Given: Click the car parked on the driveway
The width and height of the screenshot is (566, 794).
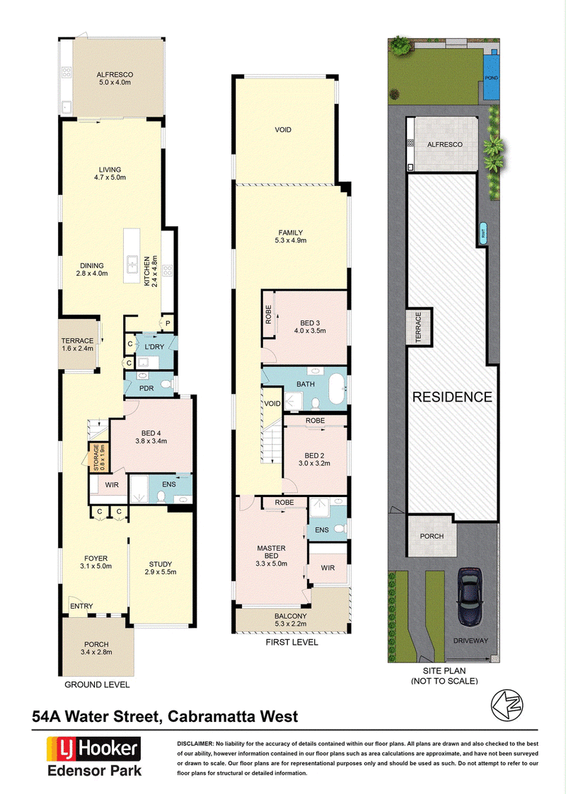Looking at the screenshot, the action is pos(470,597).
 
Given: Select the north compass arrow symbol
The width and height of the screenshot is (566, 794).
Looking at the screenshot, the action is pos(507,705).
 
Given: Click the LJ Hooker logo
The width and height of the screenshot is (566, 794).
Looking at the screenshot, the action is pos(93,749).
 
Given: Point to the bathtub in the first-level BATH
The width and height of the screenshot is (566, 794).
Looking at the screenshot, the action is pos(337,388).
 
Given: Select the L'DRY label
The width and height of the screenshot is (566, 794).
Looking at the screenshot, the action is pos(154,347).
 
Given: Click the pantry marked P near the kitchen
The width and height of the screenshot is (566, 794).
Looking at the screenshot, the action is pos(167,323).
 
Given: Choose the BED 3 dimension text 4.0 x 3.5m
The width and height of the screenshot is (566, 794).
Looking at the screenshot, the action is pos(310,331).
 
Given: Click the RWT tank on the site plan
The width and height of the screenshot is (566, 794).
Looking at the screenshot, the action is pos(483,234).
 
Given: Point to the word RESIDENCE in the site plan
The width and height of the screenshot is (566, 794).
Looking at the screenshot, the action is pos(452,397).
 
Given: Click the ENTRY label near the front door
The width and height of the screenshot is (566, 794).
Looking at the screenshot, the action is pos(81,606).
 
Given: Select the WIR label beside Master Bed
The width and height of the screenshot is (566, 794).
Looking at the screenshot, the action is pos(328,568).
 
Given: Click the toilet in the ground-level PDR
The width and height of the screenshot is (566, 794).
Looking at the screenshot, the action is pos(166,385).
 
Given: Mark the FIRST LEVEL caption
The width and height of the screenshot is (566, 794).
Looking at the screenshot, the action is pos(292,642).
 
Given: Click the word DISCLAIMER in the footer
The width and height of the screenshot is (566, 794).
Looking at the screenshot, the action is pos(195,744).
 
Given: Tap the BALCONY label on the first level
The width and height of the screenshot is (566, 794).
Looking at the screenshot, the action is pos(291,617).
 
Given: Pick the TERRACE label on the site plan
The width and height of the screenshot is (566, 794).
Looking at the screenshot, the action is pos(419,327).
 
